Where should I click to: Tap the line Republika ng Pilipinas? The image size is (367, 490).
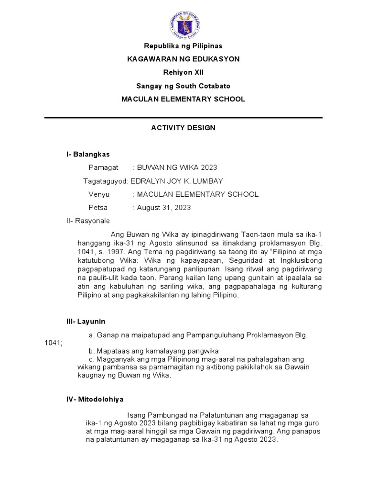tap(183, 46)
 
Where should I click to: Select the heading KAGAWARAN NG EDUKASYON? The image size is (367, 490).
tap(183, 59)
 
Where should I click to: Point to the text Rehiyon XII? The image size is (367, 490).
tap(183, 72)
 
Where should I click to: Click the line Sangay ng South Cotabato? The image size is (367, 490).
tap(183, 86)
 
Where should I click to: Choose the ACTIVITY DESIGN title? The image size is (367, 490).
tap(183, 128)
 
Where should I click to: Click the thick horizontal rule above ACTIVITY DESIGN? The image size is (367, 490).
tap(183, 117)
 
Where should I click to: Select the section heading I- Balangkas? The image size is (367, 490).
tap(88, 154)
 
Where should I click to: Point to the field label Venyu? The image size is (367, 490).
tap(99, 194)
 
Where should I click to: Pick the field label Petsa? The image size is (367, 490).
tap(98, 208)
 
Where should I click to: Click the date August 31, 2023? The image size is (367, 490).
tap(164, 208)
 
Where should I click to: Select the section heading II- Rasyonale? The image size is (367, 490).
tap(88, 221)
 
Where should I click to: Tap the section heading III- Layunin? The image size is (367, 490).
tap(86, 322)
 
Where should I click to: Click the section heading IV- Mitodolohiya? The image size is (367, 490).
tap(95, 399)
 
